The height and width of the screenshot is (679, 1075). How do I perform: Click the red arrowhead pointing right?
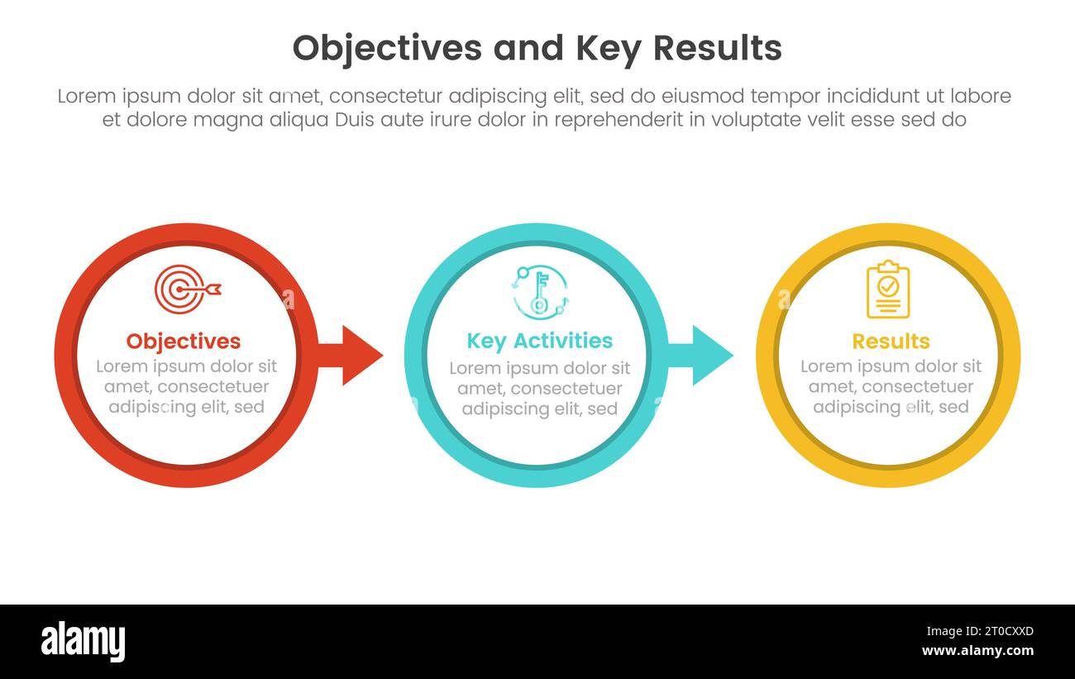coord(360,356)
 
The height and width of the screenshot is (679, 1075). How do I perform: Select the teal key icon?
coord(539,292)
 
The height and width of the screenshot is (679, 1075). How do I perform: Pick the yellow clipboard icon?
coord(887,289)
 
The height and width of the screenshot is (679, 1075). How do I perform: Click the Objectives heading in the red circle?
coord(184,341)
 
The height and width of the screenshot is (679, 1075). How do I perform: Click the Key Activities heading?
coord(539,341)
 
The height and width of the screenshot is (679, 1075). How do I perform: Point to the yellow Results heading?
coord(891,341)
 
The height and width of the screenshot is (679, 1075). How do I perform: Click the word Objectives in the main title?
coord(387,49)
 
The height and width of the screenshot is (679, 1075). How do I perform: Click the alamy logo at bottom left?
coord(83,642)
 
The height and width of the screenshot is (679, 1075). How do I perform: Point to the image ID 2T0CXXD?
coord(990,632)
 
